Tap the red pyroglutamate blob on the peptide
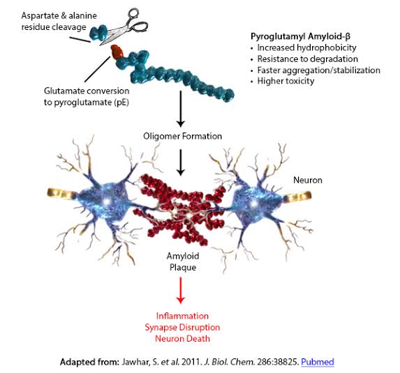117,52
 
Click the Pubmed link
318,362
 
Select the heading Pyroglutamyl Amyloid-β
300,36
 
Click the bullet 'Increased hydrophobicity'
306,47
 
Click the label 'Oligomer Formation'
182,136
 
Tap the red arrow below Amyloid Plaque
181,290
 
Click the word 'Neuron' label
308,180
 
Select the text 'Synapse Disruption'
182,327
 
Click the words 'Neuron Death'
182,339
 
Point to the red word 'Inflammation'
182,316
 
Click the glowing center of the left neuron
107,201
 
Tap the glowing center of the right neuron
253,204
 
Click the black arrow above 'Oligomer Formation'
181,109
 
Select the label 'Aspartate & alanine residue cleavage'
59,21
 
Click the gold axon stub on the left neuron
62,193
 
